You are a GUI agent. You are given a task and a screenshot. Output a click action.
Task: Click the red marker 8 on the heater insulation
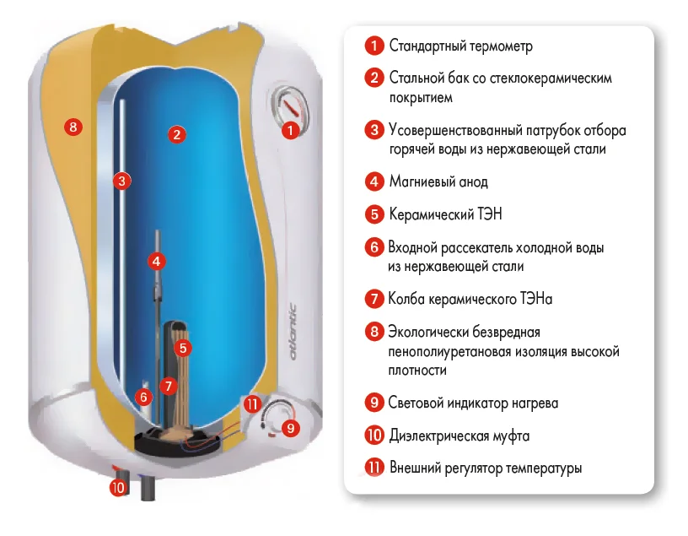click(x=73, y=128)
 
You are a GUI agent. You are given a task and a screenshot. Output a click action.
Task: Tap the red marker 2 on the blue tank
click(x=176, y=133)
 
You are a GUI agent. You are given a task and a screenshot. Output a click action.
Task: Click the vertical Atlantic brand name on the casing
click(x=292, y=333)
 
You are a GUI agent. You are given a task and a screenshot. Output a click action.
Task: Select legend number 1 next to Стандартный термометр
click(x=374, y=46)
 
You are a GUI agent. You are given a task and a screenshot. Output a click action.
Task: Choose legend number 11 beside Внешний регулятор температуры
click(x=374, y=468)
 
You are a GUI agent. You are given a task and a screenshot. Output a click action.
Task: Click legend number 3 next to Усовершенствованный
click(x=374, y=131)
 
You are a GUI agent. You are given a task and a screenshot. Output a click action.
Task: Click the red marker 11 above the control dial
click(x=252, y=403)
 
